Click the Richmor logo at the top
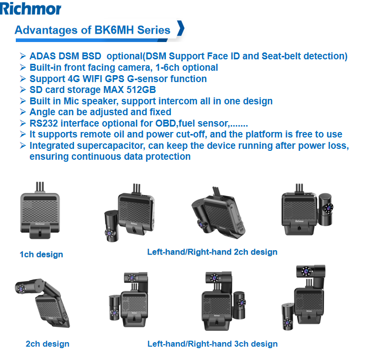[30, 9]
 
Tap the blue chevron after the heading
[181, 28]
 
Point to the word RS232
[43, 123]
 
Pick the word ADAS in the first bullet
[42, 56]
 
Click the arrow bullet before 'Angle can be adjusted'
[23, 112]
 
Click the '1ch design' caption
[41, 254]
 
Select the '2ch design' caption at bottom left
[47, 344]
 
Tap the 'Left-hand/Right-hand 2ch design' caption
[212, 252]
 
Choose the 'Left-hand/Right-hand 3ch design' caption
[212, 344]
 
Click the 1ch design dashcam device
[40, 213]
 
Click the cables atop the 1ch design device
[40, 187]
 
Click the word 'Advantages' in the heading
[46, 30]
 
